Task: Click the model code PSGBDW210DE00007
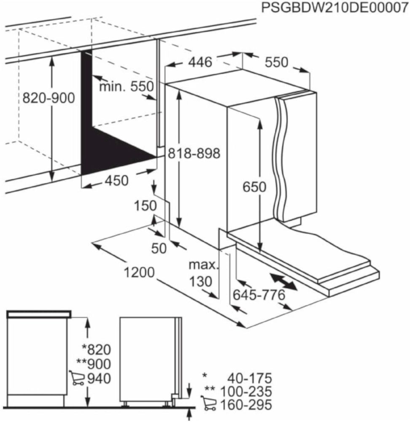click(x=334, y=8)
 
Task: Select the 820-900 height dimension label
click(x=49, y=98)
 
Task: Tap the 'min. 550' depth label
click(x=125, y=87)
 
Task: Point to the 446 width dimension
click(x=200, y=62)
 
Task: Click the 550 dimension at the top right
click(x=276, y=62)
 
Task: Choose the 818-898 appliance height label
click(x=194, y=154)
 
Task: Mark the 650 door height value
click(x=254, y=187)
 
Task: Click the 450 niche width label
click(x=116, y=181)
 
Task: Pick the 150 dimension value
click(x=146, y=206)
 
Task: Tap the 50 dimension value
click(x=159, y=249)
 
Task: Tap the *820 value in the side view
click(x=96, y=349)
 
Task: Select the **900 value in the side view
click(x=93, y=363)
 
